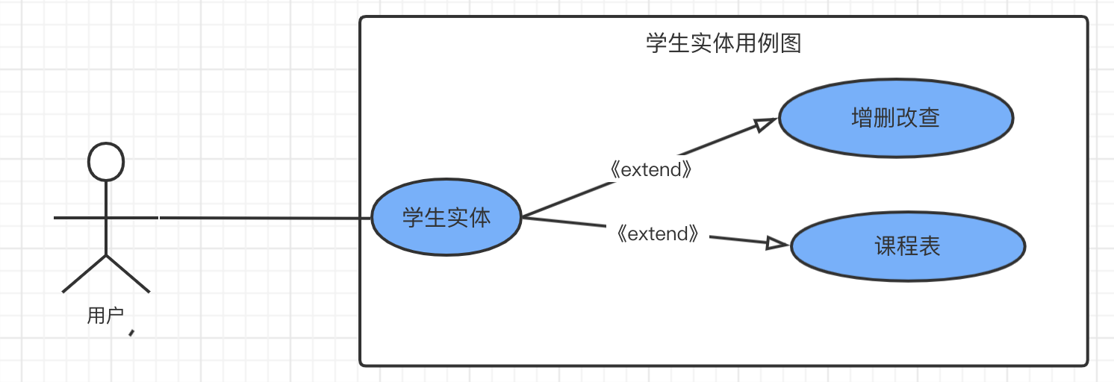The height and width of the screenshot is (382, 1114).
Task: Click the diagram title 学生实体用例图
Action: pos(723,43)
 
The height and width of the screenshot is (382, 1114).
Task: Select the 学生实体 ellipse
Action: pos(446,218)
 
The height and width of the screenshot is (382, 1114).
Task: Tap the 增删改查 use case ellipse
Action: pos(895,118)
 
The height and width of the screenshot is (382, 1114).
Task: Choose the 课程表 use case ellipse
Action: pos(907,246)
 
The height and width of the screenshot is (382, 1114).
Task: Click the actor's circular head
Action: pos(106,161)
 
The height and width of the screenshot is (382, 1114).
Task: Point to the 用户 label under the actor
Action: pos(105,316)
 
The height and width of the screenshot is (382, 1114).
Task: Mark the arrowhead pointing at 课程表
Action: pos(777,243)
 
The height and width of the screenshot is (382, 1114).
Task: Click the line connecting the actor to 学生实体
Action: pos(265,218)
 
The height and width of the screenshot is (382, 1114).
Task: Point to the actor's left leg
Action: pos(84,274)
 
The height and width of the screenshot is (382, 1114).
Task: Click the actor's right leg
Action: pos(128,274)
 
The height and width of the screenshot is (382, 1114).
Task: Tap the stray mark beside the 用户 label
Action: pos(132,332)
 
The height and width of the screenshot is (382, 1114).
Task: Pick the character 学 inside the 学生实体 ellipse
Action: pos(414,218)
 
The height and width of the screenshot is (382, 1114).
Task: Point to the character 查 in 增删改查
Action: pos(929,118)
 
